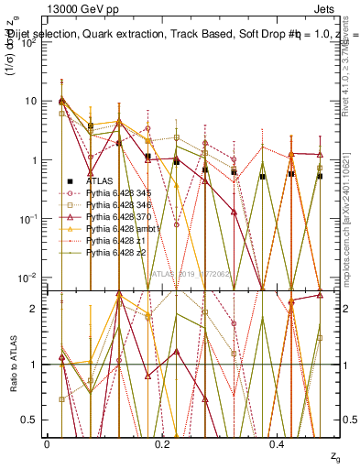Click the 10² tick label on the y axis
click(29, 43)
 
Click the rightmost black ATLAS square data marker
click(319, 176)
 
